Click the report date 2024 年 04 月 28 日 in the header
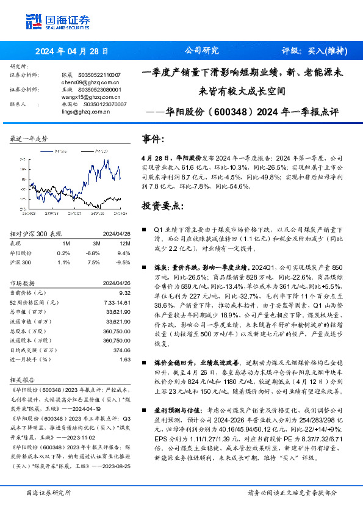click(x=71, y=51)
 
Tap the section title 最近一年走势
click(x=29, y=139)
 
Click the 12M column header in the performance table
click(x=124, y=242)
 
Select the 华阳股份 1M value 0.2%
click(x=63, y=252)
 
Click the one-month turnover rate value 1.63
click(x=125, y=360)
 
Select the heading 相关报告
click(x=24, y=379)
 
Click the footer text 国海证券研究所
click(x=49, y=492)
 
